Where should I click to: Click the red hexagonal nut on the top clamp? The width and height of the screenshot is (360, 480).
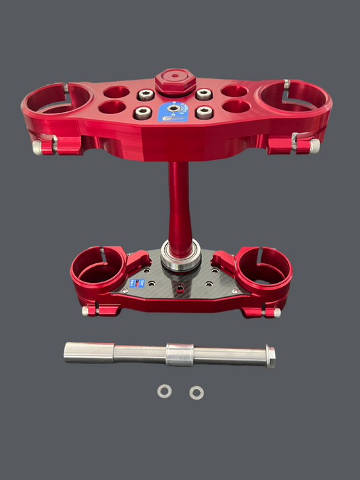(x=175, y=84)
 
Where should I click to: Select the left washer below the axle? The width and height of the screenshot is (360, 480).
(x=164, y=392)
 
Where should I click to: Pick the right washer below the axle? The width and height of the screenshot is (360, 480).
(x=197, y=392)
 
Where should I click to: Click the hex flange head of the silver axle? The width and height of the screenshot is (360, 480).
(x=270, y=356)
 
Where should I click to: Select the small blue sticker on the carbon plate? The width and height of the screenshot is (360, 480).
(x=138, y=284)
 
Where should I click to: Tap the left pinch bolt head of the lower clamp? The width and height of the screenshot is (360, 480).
(x=86, y=311)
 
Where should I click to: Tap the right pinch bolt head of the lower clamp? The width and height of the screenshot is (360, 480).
(x=276, y=313)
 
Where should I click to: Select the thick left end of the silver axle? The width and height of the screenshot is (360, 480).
(x=88, y=352)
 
